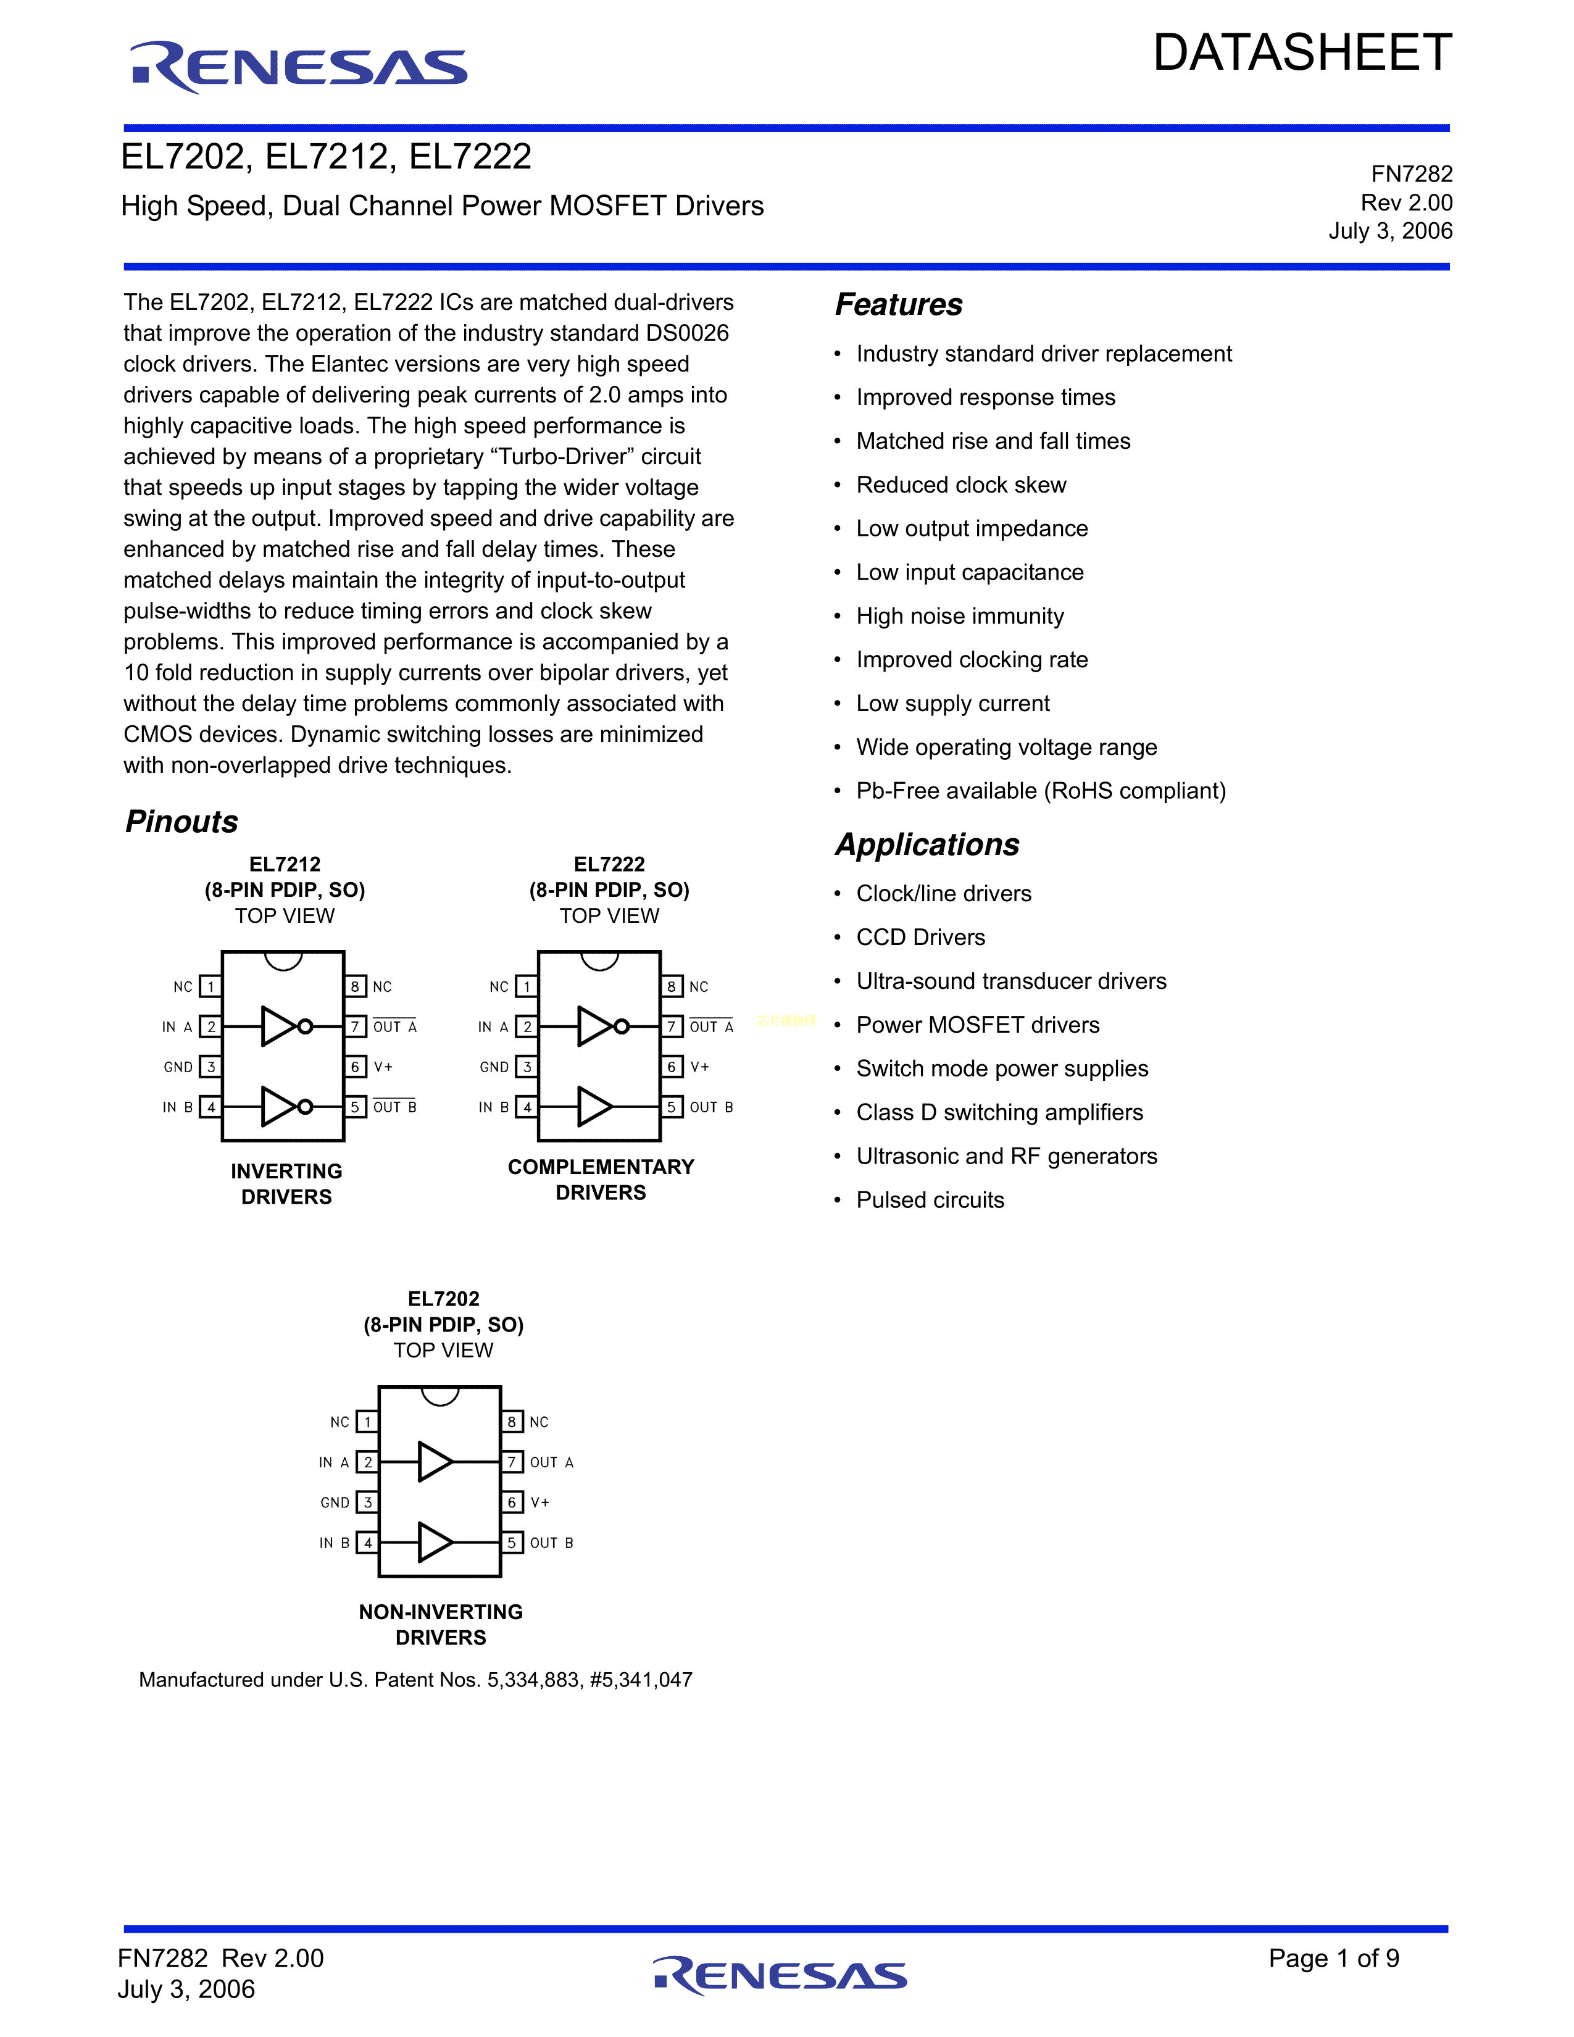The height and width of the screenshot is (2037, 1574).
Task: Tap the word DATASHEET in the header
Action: (1302, 53)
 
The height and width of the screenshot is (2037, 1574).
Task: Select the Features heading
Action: (898, 304)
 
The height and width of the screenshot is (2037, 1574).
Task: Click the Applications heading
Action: (927, 844)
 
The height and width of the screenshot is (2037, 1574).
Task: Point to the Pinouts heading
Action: (182, 822)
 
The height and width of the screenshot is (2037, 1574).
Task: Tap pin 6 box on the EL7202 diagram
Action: (512, 1502)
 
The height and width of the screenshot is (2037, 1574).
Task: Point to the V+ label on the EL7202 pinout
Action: (540, 1502)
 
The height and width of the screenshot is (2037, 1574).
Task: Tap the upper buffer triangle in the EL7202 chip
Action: (435, 1462)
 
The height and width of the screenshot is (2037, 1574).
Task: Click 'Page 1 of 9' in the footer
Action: (1333, 1958)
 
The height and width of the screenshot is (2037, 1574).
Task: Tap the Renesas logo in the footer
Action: (780, 1975)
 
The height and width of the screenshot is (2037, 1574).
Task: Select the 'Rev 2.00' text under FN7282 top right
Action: (1406, 202)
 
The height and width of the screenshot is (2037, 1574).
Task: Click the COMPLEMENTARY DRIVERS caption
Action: (601, 1179)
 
